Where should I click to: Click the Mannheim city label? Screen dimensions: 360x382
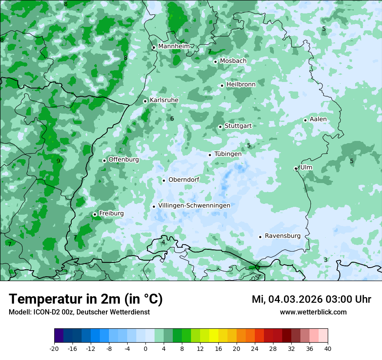(x=174, y=46)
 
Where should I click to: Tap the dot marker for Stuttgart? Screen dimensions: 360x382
(x=221, y=127)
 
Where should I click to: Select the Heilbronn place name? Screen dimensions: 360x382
(x=241, y=84)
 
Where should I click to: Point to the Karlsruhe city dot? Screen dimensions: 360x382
(x=145, y=101)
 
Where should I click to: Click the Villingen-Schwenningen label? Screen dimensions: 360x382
(x=194, y=206)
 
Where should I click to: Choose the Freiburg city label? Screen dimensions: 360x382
(x=111, y=213)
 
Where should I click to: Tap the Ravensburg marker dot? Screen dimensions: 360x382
(x=260, y=237)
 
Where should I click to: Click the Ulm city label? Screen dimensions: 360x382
(x=306, y=167)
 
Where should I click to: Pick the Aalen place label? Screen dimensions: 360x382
(x=318, y=119)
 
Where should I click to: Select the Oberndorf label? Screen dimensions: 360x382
(x=184, y=180)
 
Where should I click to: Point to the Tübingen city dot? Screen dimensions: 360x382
(x=210, y=155)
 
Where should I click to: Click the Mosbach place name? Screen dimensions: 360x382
(x=233, y=61)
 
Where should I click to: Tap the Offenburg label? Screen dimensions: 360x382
(x=124, y=160)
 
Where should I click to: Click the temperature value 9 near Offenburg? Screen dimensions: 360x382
(x=58, y=161)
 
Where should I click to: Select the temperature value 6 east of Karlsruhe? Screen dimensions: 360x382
(x=172, y=118)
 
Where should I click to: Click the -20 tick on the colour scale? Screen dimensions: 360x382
(x=54, y=348)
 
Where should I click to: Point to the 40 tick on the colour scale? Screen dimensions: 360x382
(x=328, y=348)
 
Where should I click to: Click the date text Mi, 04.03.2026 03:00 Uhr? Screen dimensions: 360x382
(x=311, y=299)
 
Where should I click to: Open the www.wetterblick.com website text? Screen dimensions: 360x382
(x=313, y=312)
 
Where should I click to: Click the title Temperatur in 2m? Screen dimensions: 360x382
(x=86, y=299)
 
